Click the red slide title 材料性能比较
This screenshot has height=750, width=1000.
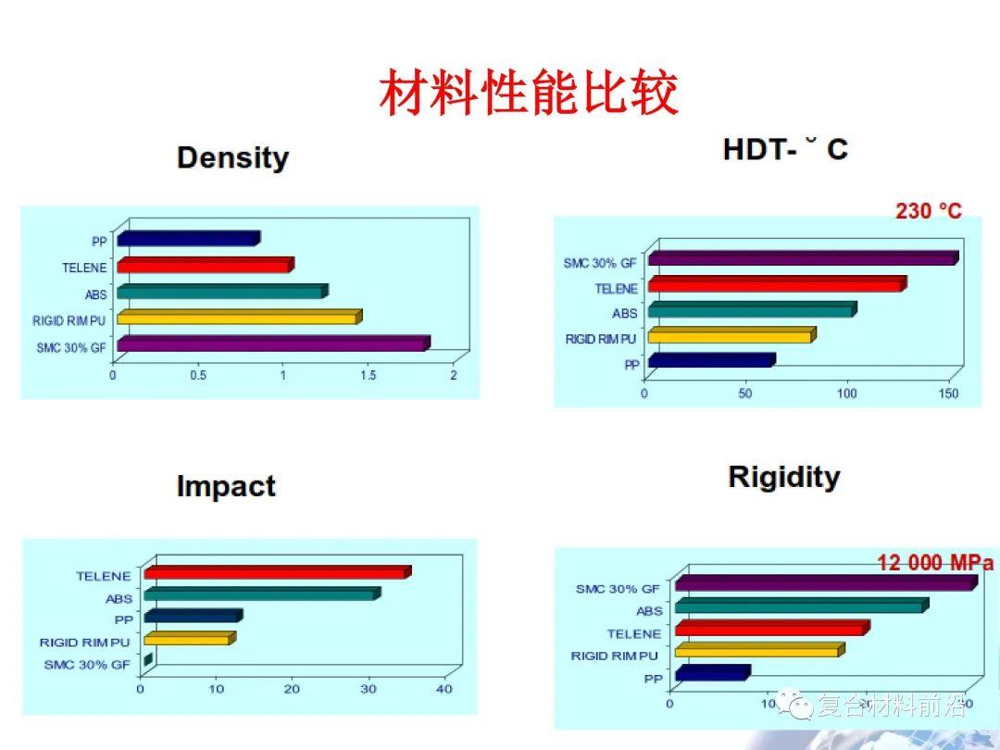pyautogui.click(x=529, y=94)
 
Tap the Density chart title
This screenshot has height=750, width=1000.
pyautogui.click(x=232, y=158)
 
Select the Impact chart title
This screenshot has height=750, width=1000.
pyautogui.click(x=226, y=487)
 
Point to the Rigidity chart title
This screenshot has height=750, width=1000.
pyautogui.click(x=784, y=478)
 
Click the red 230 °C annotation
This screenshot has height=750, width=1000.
pyautogui.click(x=928, y=211)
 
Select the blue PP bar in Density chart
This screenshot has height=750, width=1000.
pyautogui.click(x=188, y=239)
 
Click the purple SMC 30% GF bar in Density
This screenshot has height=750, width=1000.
pyautogui.click(x=273, y=344)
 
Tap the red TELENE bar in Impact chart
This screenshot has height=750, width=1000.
pyautogui.click(x=276, y=573)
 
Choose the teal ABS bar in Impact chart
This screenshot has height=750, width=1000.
pyautogui.click(x=261, y=594)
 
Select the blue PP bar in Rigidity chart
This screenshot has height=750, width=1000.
pyautogui.click(x=711, y=674)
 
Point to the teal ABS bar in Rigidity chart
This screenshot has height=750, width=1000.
pyautogui.click(x=800, y=606)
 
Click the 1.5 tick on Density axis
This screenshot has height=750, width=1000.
pyautogui.click(x=369, y=376)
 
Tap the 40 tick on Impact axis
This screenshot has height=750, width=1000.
pyautogui.click(x=444, y=689)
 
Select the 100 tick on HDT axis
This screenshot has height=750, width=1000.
pyautogui.click(x=846, y=394)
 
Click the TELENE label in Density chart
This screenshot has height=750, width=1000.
pyautogui.click(x=85, y=269)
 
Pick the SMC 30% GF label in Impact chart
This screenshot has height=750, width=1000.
pyautogui.click(x=87, y=665)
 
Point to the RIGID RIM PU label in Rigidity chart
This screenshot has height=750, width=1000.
pyautogui.click(x=614, y=656)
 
